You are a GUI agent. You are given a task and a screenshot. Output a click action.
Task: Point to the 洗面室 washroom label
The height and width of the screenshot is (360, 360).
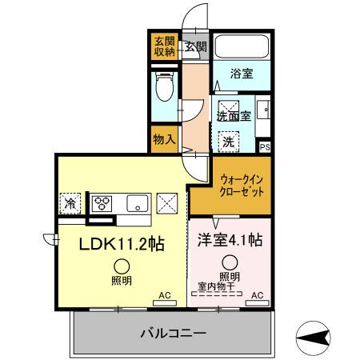click(234, 115)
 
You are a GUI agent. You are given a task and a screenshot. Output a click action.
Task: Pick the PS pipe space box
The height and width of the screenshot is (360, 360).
click(265, 146)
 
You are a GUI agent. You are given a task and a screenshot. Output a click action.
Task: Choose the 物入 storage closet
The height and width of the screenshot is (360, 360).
click(164, 139)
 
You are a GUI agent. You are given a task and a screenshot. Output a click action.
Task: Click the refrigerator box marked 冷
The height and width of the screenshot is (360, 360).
click(70, 203)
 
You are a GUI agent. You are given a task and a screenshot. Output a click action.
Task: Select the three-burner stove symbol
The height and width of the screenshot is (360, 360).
click(104, 203)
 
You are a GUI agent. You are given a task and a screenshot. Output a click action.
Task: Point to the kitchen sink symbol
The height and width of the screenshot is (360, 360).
click(137, 203)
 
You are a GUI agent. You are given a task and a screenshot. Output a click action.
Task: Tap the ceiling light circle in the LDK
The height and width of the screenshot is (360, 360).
click(122, 266)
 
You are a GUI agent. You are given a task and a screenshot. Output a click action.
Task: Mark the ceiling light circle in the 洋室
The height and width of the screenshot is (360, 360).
click(230, 261)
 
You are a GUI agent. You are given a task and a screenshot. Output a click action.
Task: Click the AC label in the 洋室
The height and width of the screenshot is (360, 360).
click(257, 295)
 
